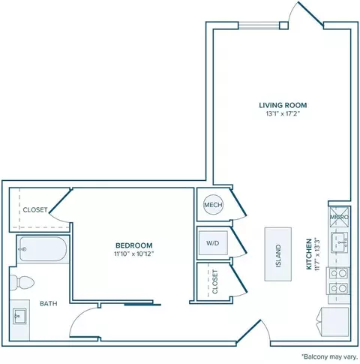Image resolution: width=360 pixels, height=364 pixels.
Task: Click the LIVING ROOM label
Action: (283, 105)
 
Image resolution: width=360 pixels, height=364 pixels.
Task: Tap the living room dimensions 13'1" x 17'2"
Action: (283, 114)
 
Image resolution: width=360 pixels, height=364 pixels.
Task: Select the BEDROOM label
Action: (134, 245)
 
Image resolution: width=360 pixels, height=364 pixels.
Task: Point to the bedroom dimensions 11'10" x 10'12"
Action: (134, 254)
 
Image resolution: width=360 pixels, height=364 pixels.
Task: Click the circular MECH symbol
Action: (213, 205)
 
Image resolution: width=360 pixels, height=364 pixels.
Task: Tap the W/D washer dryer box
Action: (213, 243)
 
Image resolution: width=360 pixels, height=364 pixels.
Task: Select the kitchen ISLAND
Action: (278, 254)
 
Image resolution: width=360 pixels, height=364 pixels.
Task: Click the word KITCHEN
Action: (309, 254)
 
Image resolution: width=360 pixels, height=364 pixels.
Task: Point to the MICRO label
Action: (339, 217)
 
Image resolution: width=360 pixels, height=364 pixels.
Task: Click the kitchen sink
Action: (339, 242)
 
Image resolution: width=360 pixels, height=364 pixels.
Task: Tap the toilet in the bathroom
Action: (22, 283)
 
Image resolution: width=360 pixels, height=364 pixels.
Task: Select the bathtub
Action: (43, 249)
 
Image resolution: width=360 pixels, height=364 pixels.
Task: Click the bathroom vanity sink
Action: (19, 316)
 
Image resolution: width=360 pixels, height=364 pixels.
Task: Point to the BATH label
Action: (49, 303)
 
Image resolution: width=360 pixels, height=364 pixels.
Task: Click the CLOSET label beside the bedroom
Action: (35, 209)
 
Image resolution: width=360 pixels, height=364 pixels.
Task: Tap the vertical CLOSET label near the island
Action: (215, 281)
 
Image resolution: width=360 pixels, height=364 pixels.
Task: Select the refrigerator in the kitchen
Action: (334, 322)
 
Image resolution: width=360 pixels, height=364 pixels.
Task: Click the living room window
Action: (259, 26)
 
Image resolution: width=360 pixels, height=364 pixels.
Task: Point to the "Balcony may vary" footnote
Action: (330, 356)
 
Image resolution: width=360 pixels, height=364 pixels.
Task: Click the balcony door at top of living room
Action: (310, 14)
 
